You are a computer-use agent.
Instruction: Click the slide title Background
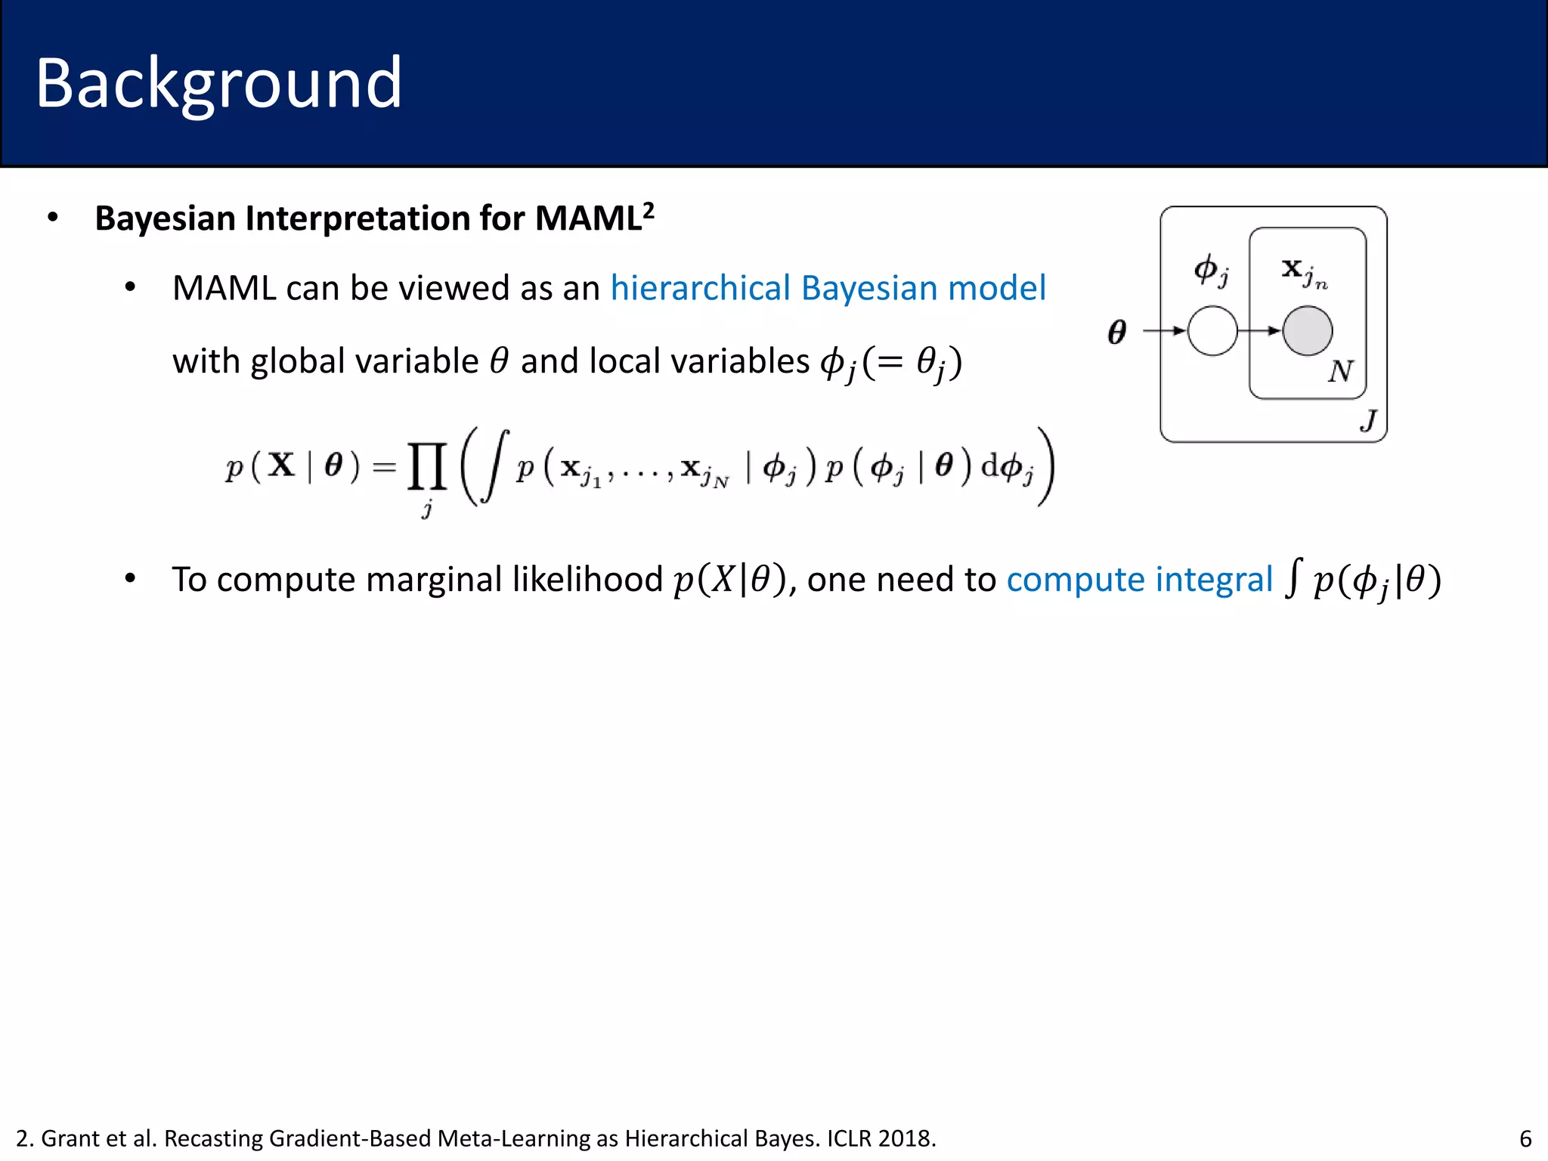pyautogui.click(x=218, y=83)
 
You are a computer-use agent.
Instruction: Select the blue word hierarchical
pyautogui.click(x=700, y=288)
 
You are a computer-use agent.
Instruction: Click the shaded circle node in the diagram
pyautogui.click(x=1308, y=330)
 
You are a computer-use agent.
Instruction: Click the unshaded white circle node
pyautogui.click(x=1212, y=330)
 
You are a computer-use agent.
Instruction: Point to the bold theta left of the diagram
pyautogui.click(x=1116, y=332)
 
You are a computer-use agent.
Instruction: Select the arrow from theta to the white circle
pyautogui.click(x=1164, y=330)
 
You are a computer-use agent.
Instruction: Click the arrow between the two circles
pyautogui.click(x=1259, y=330)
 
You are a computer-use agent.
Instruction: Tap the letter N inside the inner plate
pyautogui.click(x=1340, y=371)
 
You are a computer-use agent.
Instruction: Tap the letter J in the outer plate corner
pyautogui.click(x=1368, y=420)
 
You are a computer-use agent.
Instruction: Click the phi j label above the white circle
pyautogui.click(x=1210, y=270)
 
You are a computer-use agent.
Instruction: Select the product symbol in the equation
pyautogui.click(x=427, y=466)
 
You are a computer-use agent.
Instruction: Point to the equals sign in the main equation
pyautogui.click(x=384, y=467)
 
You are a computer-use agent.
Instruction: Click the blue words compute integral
pyautogui.click(x=1139, y=580)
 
